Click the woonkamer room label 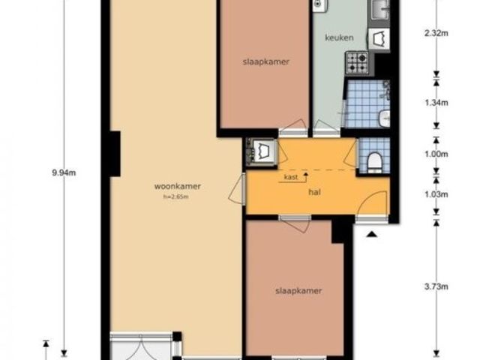[178, 186]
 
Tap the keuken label [339, 37]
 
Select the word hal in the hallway [315, 192]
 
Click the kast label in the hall [291, 177]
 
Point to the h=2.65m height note [176, 196]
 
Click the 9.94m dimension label [64, 173]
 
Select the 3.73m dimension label [436, 286]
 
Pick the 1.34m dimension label [436, 103]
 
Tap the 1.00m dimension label [436, 154]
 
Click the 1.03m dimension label [436, 194]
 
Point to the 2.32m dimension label [436, 33]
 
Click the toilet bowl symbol [374, 162]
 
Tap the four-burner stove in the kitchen [357, 63]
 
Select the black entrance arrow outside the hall [372, 235]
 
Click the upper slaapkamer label [265, 61]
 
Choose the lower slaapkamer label [298, 290]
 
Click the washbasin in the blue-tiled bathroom [385, 118]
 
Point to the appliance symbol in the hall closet [262, 151]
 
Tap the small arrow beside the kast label [305, 176]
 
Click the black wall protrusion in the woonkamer [115, 154]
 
